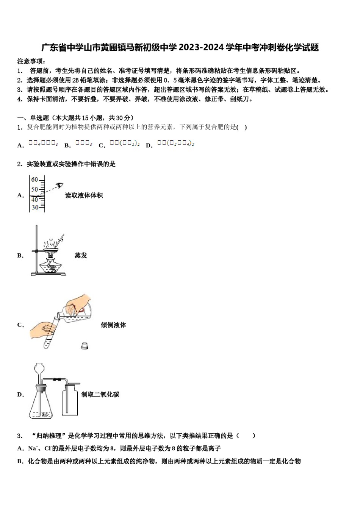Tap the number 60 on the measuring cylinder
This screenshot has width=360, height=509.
(x=35, y=180)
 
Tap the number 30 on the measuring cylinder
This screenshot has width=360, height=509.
(x=35, y=208)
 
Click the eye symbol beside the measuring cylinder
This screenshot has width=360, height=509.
(x=59, y=186)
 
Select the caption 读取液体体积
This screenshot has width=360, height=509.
(x=84, y=195)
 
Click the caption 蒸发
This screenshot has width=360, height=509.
(x=81, y=256)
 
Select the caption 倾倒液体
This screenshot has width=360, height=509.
(x=113, y=325)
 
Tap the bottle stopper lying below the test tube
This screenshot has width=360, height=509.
(x=85, y=345)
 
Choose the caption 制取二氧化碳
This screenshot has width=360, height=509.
(x=100, y=395)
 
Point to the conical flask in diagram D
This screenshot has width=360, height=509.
(x=41, y=405)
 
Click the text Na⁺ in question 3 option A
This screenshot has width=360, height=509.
(x=33, y=448)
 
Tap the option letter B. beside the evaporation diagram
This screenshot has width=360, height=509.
(x=20, y=256)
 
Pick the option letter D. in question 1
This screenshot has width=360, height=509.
(x=149, y=145)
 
